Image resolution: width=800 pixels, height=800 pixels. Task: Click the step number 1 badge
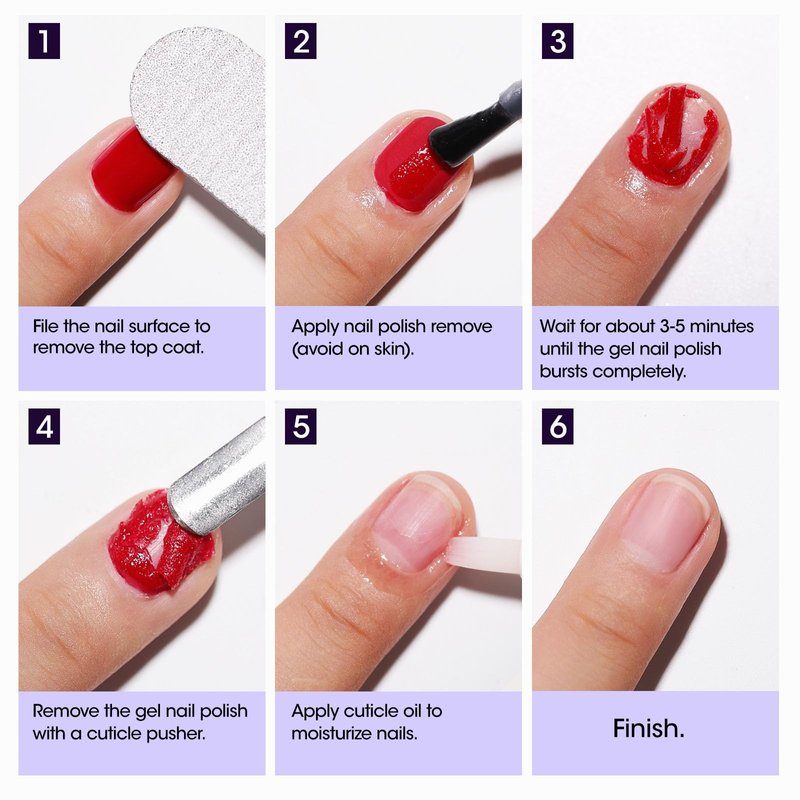[44, 41]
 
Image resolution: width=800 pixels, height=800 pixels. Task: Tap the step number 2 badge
[301, 41]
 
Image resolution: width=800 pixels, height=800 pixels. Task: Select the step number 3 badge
[557, 41]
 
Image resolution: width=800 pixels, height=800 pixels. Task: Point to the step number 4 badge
[44, 426]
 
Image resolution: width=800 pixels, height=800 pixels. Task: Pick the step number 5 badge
[301, 426]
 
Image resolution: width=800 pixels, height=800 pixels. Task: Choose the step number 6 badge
[557, 426]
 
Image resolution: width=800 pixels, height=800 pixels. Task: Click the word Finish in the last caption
[645, 729]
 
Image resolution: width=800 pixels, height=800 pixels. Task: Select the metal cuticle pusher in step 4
[217, 477]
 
